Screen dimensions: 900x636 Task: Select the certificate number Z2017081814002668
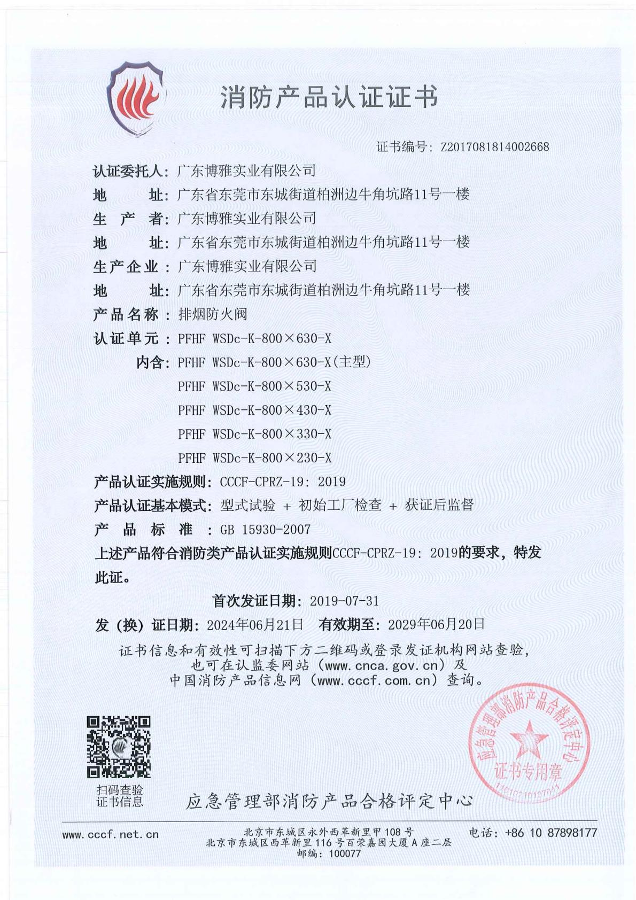point(494,147)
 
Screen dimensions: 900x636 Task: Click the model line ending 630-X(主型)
point(274,362)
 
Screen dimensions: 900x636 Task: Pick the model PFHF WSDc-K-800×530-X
point(254,386)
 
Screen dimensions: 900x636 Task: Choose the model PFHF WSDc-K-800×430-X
point(254,410)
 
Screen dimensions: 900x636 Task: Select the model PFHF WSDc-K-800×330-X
point(254,434)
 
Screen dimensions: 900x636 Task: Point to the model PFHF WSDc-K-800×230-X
point(254,458)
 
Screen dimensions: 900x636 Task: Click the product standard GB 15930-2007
point(265,530)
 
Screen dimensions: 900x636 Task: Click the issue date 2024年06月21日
point(255,624)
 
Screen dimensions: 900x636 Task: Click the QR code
point(119,747)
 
